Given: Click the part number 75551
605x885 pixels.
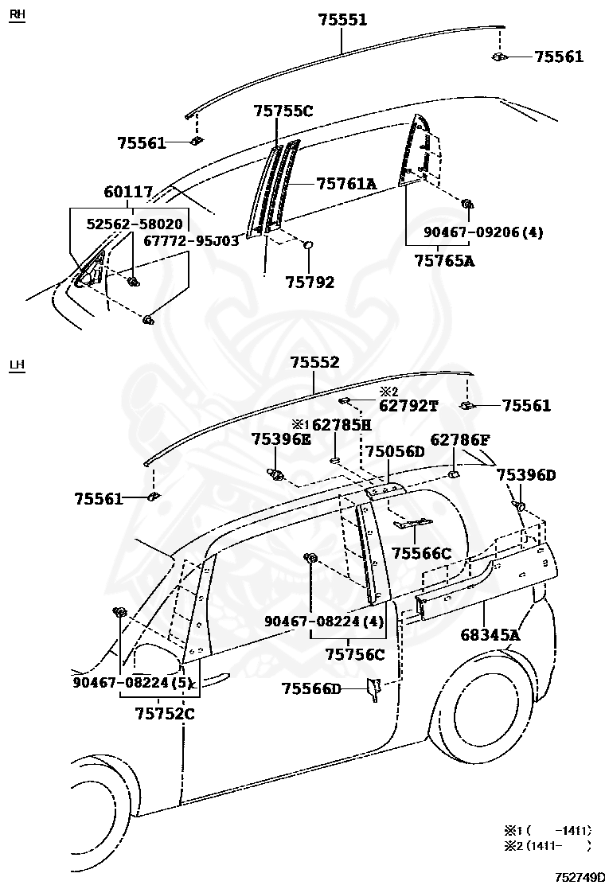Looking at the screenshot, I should coord(342,19).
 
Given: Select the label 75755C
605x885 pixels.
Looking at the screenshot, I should coord(283,111).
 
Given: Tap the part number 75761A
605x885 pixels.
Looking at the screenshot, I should coord(345,184).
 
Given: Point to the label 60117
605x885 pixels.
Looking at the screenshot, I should coord(127,193).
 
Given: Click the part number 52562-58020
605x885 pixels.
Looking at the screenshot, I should coord(134,224).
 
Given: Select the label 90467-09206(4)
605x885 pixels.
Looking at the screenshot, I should coord(474,232).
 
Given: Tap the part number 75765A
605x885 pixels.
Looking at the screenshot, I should coord(444,260).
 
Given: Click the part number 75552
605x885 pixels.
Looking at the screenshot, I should coord(314,362).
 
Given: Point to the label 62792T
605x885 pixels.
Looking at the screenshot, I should coord(408,405).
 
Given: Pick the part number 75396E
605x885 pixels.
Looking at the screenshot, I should coord(281,439).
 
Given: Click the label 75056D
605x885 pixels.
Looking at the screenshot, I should coord(395,451).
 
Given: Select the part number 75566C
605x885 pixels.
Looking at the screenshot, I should coord(421,553).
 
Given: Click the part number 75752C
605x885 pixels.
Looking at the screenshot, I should coord(165,713).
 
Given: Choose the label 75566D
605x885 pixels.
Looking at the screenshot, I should coord(310,688).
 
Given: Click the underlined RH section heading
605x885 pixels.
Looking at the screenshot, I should coord(16,15).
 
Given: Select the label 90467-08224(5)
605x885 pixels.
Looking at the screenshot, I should coord(134,682).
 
